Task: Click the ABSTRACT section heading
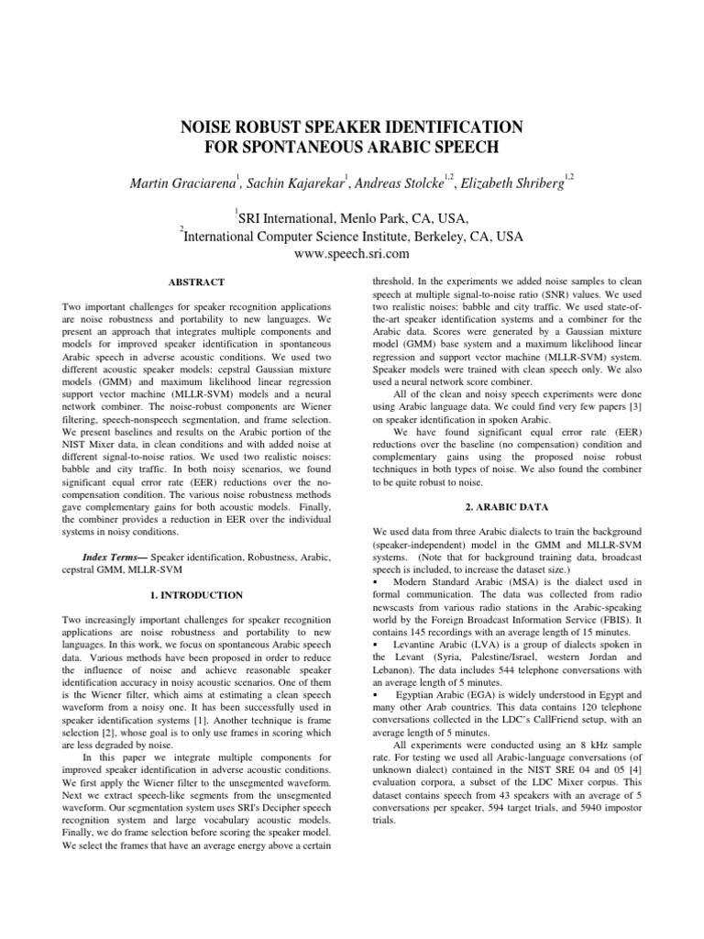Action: pos(199,282)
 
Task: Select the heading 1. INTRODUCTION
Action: pos(199,594)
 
